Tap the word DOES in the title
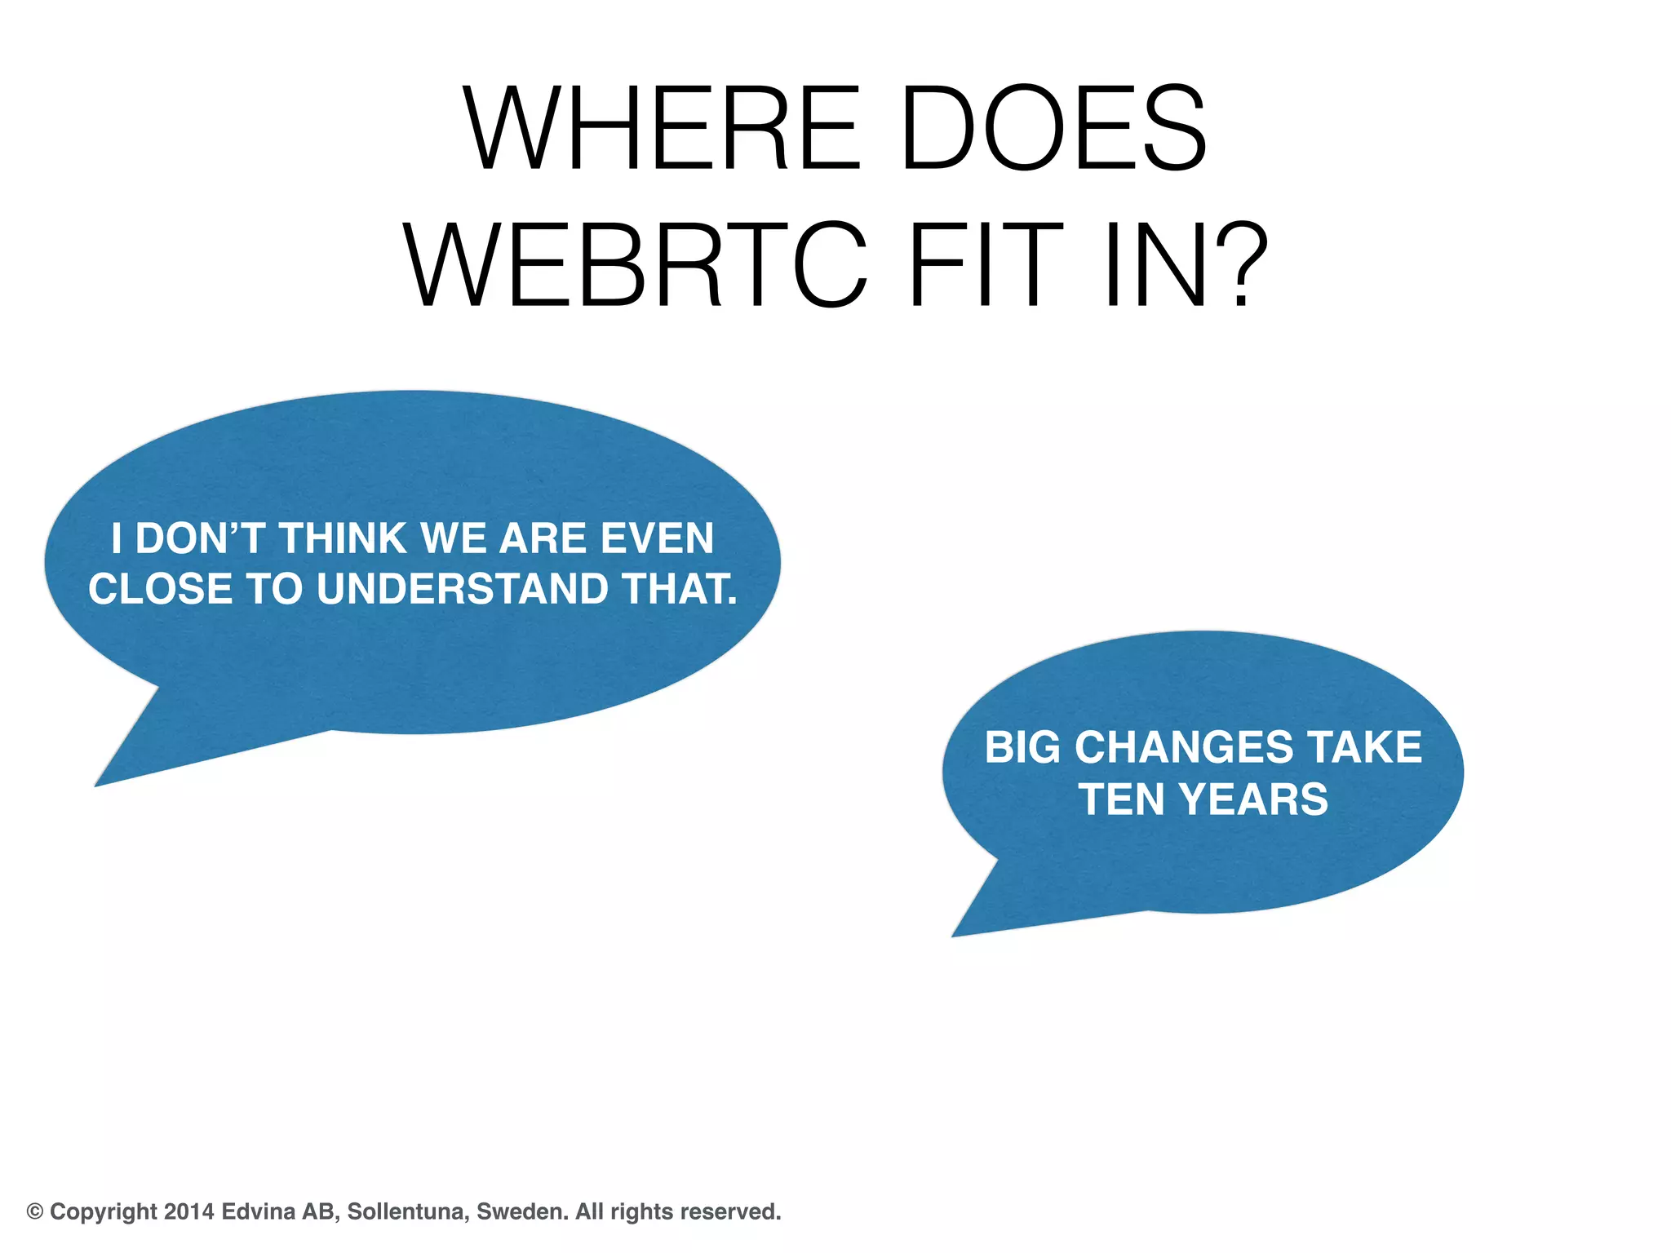tap(1053, 129)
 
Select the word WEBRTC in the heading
tap(635, 266)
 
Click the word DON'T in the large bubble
tap(201, 539)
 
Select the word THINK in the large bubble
tap(343, 539)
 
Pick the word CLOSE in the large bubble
tap(160, 589)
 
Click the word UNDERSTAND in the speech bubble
tap(462, 589)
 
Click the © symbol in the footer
tap(35, 1211)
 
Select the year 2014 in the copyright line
tap(189, 1211)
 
